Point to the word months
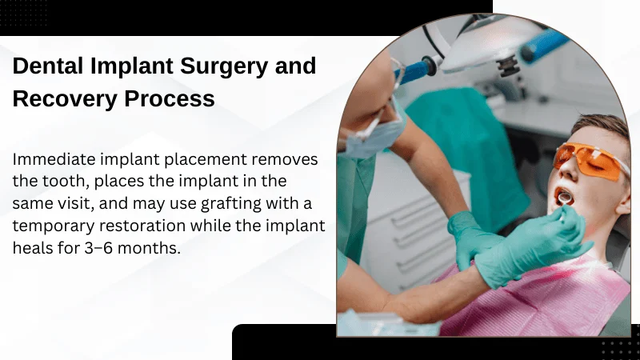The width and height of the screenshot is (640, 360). click(x=154, y=249)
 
